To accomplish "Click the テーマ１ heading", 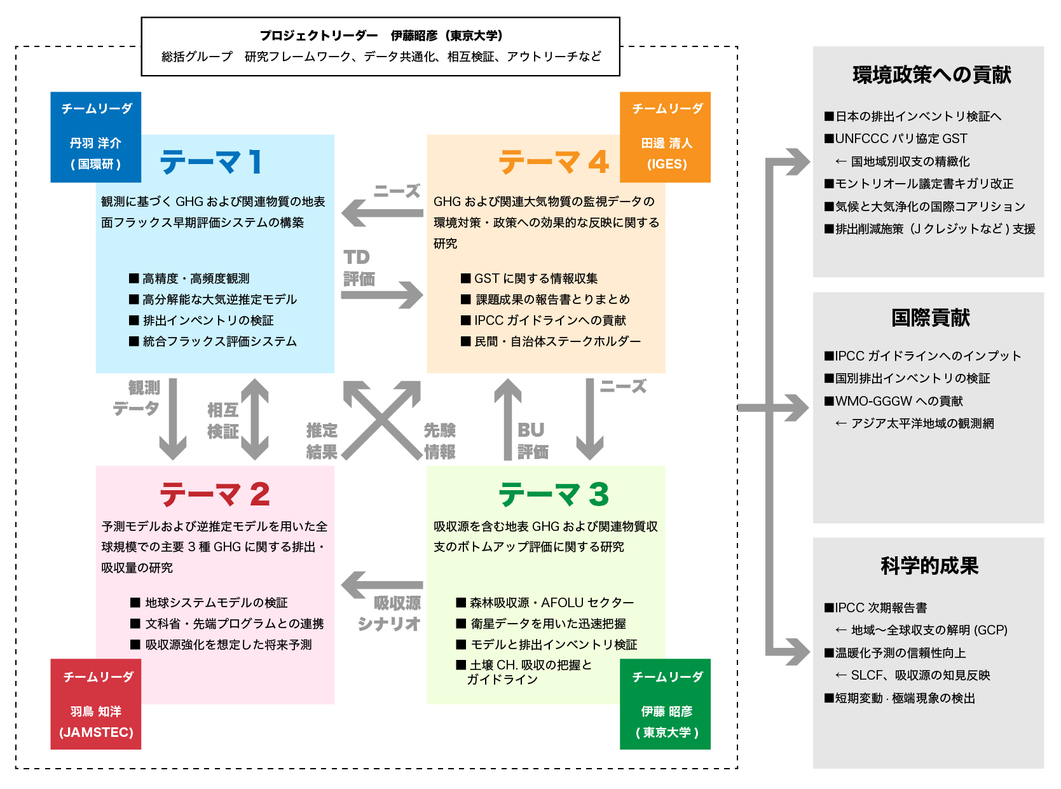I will (211, 162).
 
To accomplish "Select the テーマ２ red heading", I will (215, 494).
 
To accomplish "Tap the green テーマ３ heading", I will (554, 494).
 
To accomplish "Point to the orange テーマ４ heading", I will (554, 162).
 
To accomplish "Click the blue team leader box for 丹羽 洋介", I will (96, 137).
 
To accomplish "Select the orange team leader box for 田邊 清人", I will (666, 137).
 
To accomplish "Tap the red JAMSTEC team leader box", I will (96, 704).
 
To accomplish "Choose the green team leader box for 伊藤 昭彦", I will (666, 704).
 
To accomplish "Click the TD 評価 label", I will (359, 268).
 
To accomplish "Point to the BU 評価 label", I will (533, 441).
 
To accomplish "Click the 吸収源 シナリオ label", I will (390, 613).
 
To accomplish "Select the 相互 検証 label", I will (222, 420).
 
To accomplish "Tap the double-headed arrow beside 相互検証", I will (255, 419).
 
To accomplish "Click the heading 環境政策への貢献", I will (931, 75).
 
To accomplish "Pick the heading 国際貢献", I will (930, 317).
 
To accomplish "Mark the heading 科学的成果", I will (929, 565).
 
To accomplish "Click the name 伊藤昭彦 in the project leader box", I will (414, 36).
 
